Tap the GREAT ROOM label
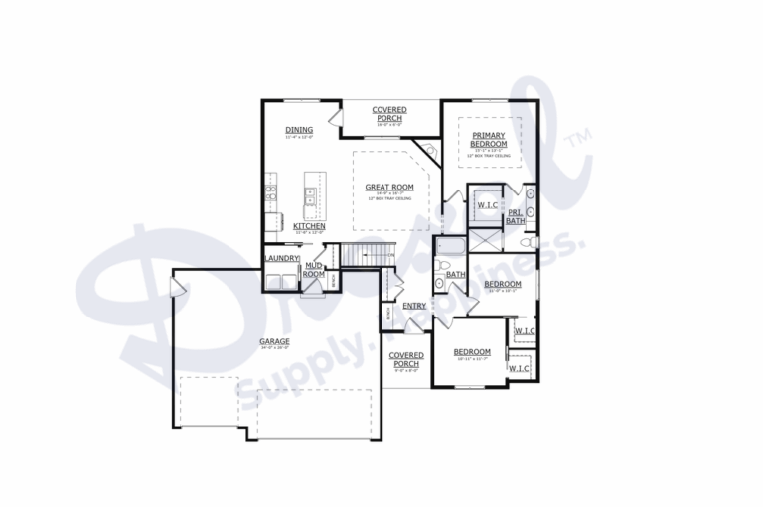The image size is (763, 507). point(388,187)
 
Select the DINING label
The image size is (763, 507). point(298,130)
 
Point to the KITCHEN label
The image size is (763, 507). point(309,226)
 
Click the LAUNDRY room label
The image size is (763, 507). point(281,259)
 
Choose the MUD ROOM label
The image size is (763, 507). point(313,269)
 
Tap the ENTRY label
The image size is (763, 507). point(414,306)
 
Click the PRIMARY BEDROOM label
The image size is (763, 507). point(489,139)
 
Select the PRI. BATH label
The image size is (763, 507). point(515,216)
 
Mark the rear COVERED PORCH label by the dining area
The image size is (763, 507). point(388,114)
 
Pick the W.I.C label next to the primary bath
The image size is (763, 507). point(487,205)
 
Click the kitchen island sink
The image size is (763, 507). point(310,201)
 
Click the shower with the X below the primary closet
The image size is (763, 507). point(485,238)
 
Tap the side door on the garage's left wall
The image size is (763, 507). point(178,288)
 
